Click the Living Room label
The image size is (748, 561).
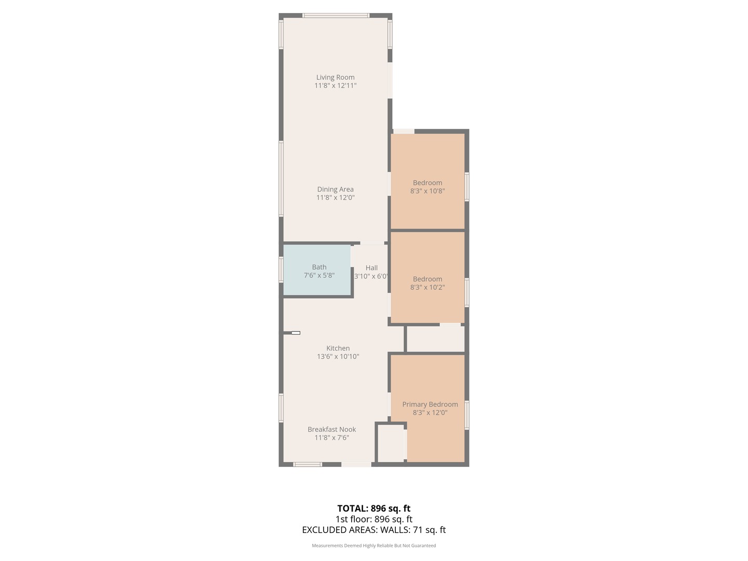(335, 77)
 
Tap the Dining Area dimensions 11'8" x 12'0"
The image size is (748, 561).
(335, 198)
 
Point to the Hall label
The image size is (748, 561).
(371, 268)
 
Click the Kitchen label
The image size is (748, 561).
(338, 349)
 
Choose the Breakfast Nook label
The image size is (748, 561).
(331, 430)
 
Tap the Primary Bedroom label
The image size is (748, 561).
(430, 405)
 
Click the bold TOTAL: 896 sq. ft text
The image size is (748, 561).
(373, 509)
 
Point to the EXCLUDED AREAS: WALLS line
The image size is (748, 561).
(373, 530)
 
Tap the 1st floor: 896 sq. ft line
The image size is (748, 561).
(373, 519)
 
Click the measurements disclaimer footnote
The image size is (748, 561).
(373, 545)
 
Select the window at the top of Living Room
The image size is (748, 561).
(336, 16)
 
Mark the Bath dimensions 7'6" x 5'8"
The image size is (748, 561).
(319, 276)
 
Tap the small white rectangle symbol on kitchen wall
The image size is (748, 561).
(296, 333)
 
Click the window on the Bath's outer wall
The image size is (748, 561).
(281, 270)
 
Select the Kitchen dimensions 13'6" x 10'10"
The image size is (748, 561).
(338, 357)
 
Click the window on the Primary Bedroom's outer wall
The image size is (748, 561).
(466, 415)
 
